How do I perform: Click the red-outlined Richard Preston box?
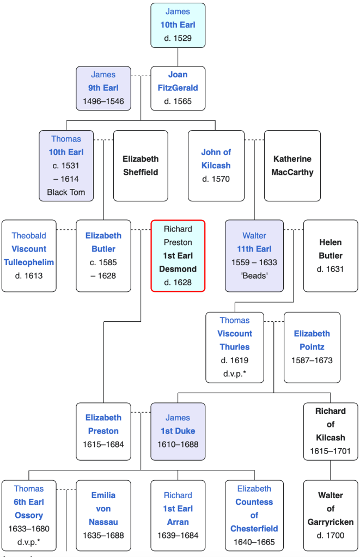[178, 256]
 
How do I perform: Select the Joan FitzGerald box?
[178, 88]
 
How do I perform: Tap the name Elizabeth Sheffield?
[141, 166]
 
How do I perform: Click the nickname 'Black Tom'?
[66, 192]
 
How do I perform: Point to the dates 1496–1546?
[103, 101]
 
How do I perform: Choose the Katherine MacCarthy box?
[292, 166]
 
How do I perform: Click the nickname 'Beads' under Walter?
[254, 276]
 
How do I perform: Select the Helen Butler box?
[331, 256]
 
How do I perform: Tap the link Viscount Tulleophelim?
[29, 256]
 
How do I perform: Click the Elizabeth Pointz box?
[312, 347]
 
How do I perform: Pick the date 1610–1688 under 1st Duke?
[178, 444]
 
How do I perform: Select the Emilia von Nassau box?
[103, 515]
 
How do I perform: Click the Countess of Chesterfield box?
[254, 515]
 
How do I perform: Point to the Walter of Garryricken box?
[331, 515]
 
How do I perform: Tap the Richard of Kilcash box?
[331, 431]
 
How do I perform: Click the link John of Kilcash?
[216, 159]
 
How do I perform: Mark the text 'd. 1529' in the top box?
[178, 38]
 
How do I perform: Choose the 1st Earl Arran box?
[178, 515]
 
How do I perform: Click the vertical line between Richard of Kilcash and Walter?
[331, 469]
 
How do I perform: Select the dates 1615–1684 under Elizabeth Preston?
[103, 444]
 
